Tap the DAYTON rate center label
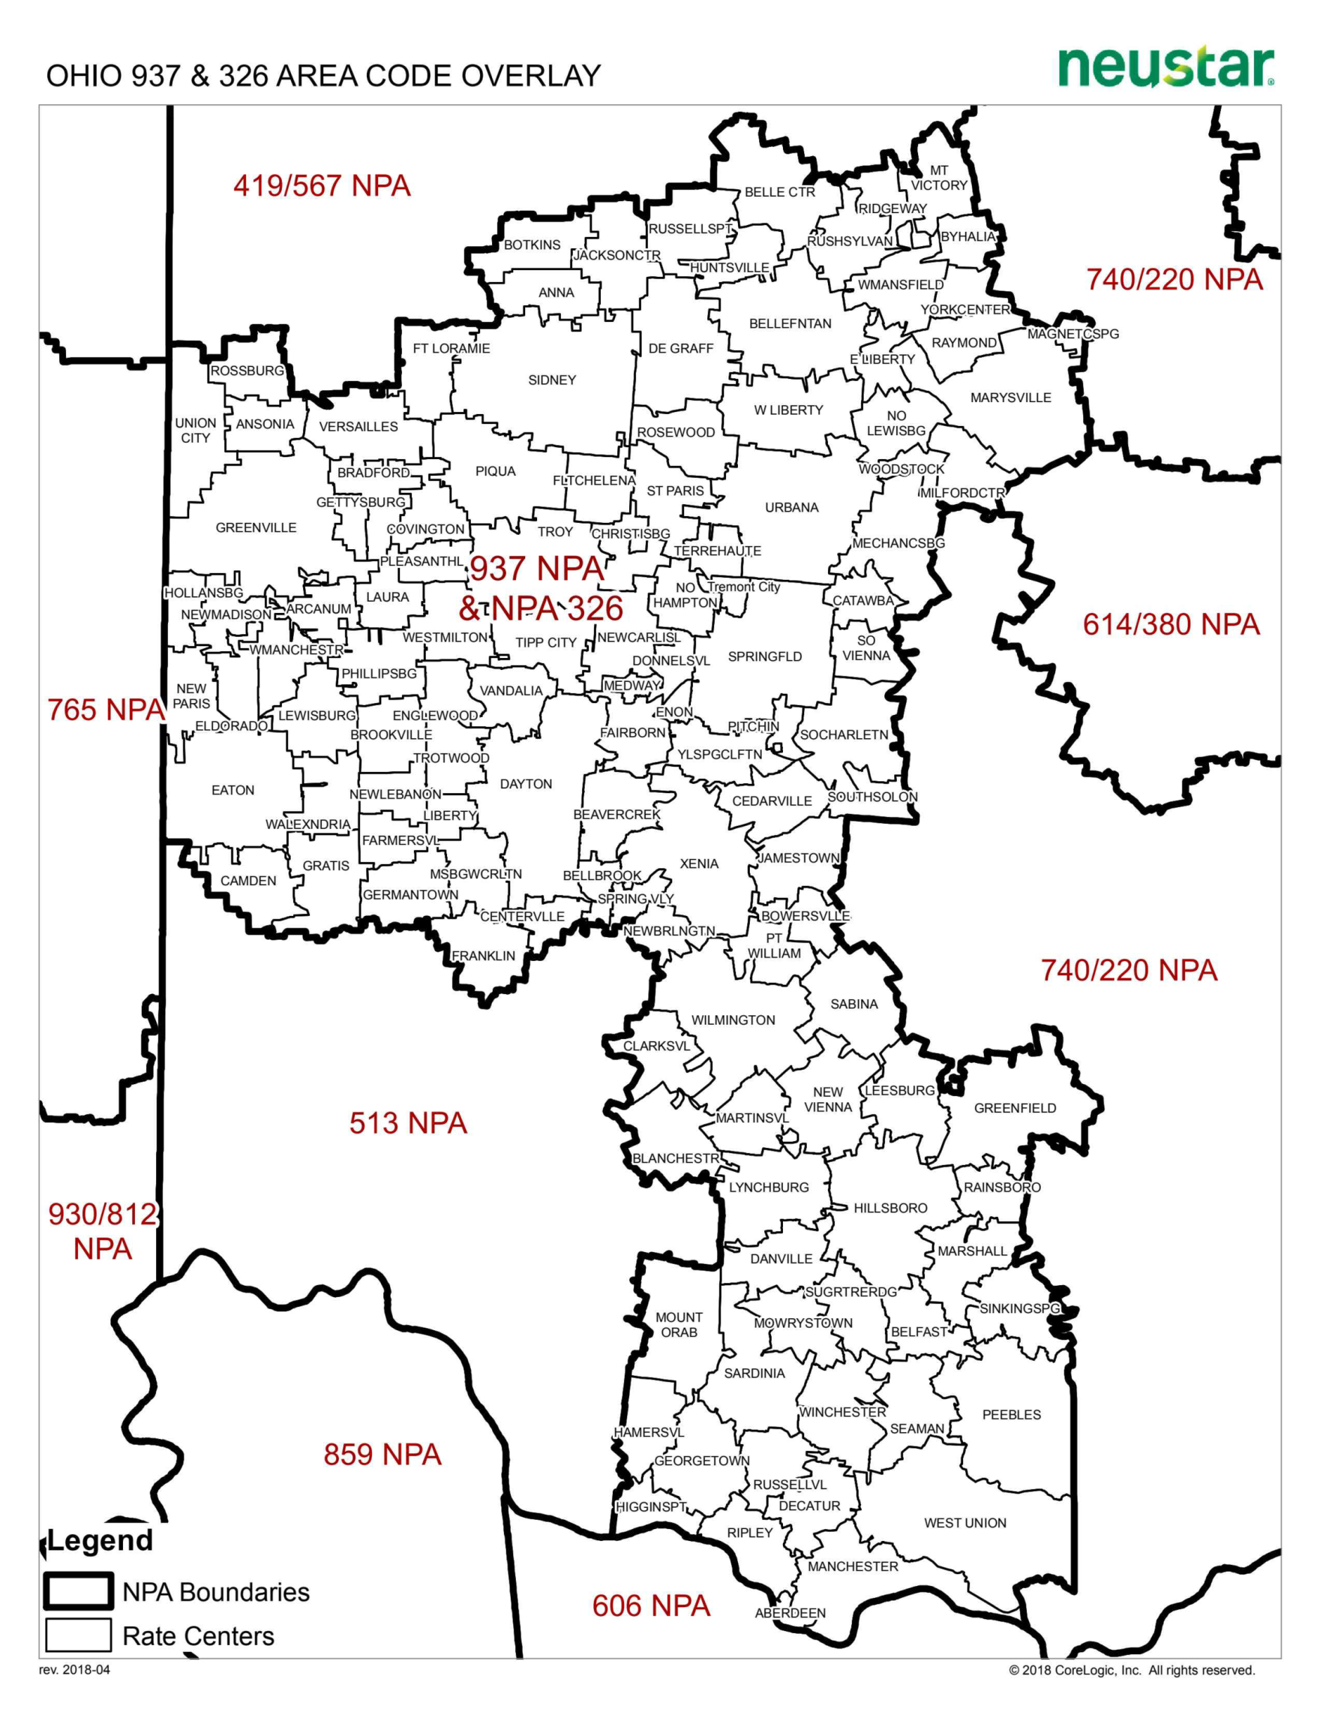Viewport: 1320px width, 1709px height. [526, 784]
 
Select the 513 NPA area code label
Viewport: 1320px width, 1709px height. [408, 1123]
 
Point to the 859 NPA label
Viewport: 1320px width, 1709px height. [382, 1455]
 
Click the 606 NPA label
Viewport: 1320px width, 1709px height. [651, 1605]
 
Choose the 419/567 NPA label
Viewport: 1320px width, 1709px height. [322, 186]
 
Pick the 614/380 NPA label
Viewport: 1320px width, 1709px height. [1171, 624]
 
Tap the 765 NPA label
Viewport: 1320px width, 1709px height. [106, 710]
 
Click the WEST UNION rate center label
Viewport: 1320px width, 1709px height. [964, 1523]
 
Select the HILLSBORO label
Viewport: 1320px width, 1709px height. [890, 1208]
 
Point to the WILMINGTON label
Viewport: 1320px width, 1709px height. [733, 1020]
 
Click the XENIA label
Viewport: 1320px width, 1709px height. [699, 864]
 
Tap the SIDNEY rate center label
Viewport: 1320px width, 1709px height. [552, 380]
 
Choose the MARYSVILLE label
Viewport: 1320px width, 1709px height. [1011, 398]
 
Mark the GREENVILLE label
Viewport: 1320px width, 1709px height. [256, 528]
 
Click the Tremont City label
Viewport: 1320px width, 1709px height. [743, 587]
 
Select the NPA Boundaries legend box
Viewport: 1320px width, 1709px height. [78, 1592]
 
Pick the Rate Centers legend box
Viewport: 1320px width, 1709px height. [78, 1635]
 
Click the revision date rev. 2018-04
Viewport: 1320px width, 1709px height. [74, 1670]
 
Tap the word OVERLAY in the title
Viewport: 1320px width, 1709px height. [531, 76]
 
